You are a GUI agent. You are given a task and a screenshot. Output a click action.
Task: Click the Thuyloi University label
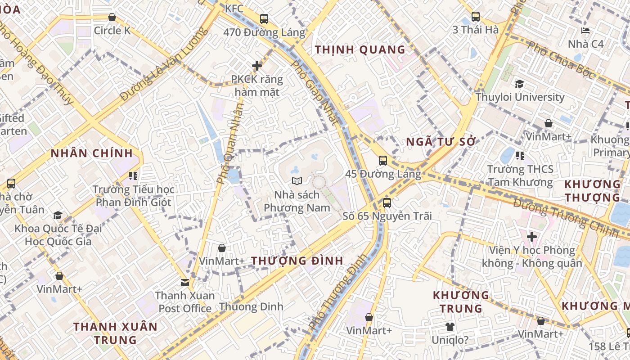point(520,97)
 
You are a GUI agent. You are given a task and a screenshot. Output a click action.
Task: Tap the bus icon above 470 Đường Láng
point(264,19)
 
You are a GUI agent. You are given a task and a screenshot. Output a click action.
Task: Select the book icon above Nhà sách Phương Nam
point(297,181)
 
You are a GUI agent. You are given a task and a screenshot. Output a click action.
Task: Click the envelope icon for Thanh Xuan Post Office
point(185,282)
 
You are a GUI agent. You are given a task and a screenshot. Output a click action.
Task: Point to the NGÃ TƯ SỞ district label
point(441,142)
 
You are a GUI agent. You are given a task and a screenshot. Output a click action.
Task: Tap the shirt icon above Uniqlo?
point(450,327)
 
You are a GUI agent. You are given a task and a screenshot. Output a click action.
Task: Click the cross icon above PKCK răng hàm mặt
point(257,66)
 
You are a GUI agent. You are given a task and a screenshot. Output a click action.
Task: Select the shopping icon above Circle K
point(112,17)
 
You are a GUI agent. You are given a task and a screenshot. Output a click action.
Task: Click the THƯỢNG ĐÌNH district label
point(297,261)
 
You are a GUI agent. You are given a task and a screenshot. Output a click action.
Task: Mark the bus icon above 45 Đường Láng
point(382,160)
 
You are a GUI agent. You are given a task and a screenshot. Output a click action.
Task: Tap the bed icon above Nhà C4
point(585,31)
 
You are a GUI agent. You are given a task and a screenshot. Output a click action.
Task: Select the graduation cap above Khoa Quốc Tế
point(58,215)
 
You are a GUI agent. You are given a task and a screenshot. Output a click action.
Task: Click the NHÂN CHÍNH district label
point(92,153)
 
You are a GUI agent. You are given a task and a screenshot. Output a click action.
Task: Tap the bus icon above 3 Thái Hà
point(476,17)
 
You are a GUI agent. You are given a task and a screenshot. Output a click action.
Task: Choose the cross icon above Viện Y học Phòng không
point(532,236)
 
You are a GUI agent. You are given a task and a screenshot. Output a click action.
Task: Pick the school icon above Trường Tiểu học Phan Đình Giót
point(133,175)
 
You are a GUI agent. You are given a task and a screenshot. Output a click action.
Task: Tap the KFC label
point(234,8)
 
